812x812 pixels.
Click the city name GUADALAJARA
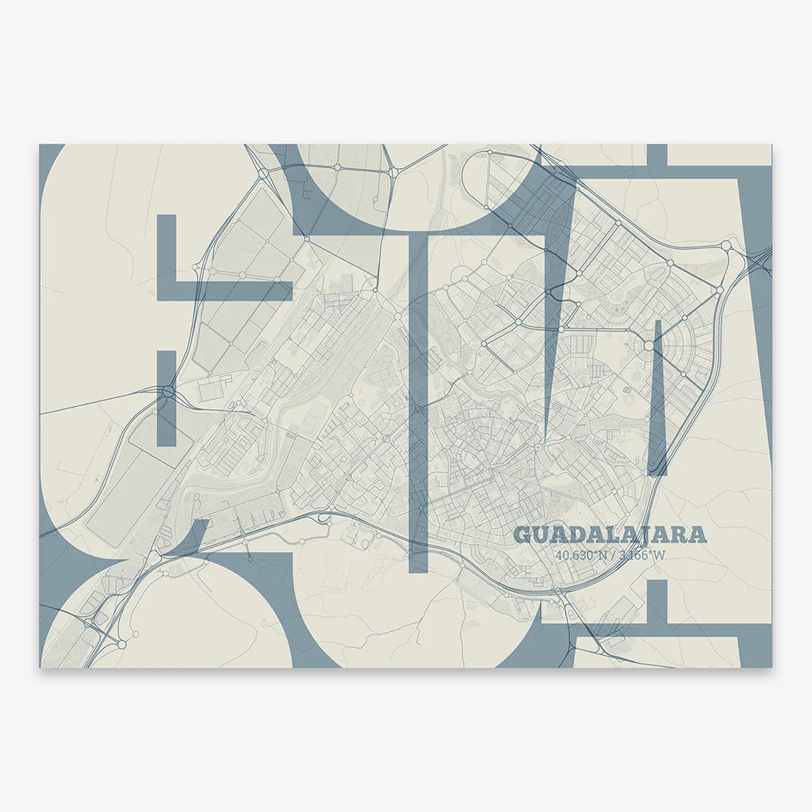pyautogui.click(x=610, y=534)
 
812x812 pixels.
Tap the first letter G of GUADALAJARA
pyautogui.click(x=523, y=534)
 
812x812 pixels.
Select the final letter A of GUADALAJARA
pyautogui.click(x=697, y=534)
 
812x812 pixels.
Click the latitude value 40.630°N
pyautogui.click(x=581, y=555)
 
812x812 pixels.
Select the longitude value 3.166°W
pyautogui.click(x=641, y=555)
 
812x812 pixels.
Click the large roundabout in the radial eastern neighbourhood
pyautogui.click(x=649, y=346)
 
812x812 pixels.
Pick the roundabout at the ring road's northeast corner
pyautogui.click(x=725, y=246)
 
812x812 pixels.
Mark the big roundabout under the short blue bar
pyautogui.click(x=167, y=392)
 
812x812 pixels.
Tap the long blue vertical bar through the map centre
pyautogui.click(x=418, y=396)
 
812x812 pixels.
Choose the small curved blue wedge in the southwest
pyautogui.click(x=190, y=535)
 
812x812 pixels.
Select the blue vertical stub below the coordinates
pyautogui.click(x=657, y=603)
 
